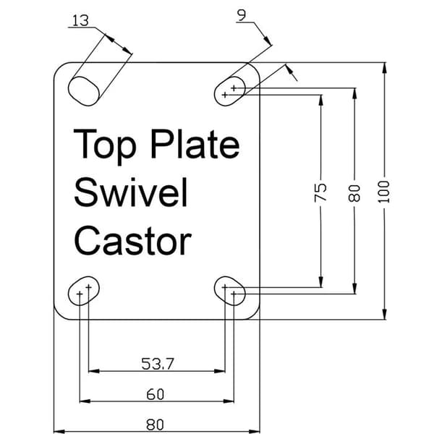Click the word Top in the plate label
[x=105, y=146]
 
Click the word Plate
[x=195, y=144]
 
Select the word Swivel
[x=131, y=192]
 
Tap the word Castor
[x=132, y=240]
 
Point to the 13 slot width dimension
[x=80, y=21]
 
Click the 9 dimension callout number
[x=242, y=15]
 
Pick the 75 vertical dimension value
[x=320, y=192]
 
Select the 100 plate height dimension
[x=383, y=192]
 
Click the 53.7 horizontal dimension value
[x=158, y=364]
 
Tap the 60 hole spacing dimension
[x=156, y=394]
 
